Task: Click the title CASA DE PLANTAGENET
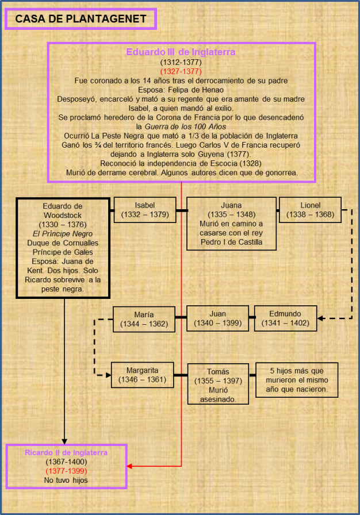point(81,19)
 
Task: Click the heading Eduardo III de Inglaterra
point(181,52)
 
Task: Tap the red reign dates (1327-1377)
point(181,71)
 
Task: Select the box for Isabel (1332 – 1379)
point(144,210)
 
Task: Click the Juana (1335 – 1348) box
point(231,224)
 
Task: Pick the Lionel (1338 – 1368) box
point(310,210)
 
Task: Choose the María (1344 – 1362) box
point(144,319)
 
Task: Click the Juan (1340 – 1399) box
point(218,318)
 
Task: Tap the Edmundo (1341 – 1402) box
point(285,318)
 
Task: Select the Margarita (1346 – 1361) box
point(142,375)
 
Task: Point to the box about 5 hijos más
point(296,380)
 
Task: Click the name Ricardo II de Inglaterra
point(66,453)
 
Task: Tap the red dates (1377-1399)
point(66,471)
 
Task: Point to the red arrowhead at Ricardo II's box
point(130,466)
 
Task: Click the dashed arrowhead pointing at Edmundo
point(321,318)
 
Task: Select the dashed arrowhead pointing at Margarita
point(108,375)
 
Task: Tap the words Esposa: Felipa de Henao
point(181,90)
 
